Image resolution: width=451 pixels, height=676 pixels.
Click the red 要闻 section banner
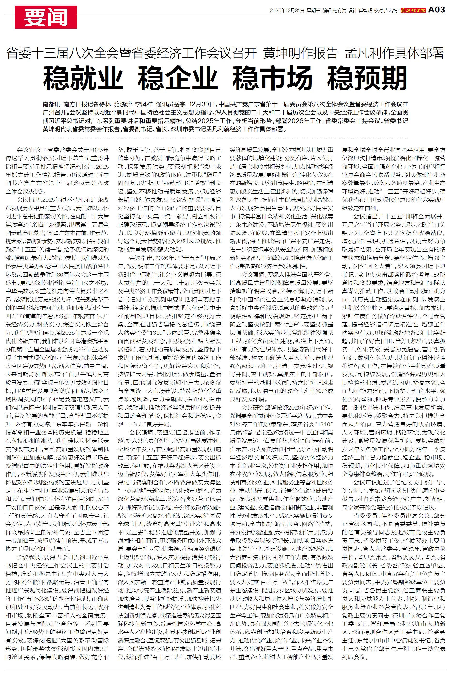pyautogui.click(x=46, y=17)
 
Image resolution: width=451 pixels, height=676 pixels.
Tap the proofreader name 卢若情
pyautogui.click(x=390, y=11)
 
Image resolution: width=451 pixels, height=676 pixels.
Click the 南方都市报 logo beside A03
pyautogui.click(x=413, y=11)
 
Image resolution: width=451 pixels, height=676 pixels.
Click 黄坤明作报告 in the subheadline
pyautogui.click(x=300, y=53)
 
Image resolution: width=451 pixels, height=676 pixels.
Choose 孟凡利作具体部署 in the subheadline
pyautogui.click(x=394, y=53)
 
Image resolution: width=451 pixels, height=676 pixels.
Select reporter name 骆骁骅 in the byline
pyautogui.click(x=123, y=104)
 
